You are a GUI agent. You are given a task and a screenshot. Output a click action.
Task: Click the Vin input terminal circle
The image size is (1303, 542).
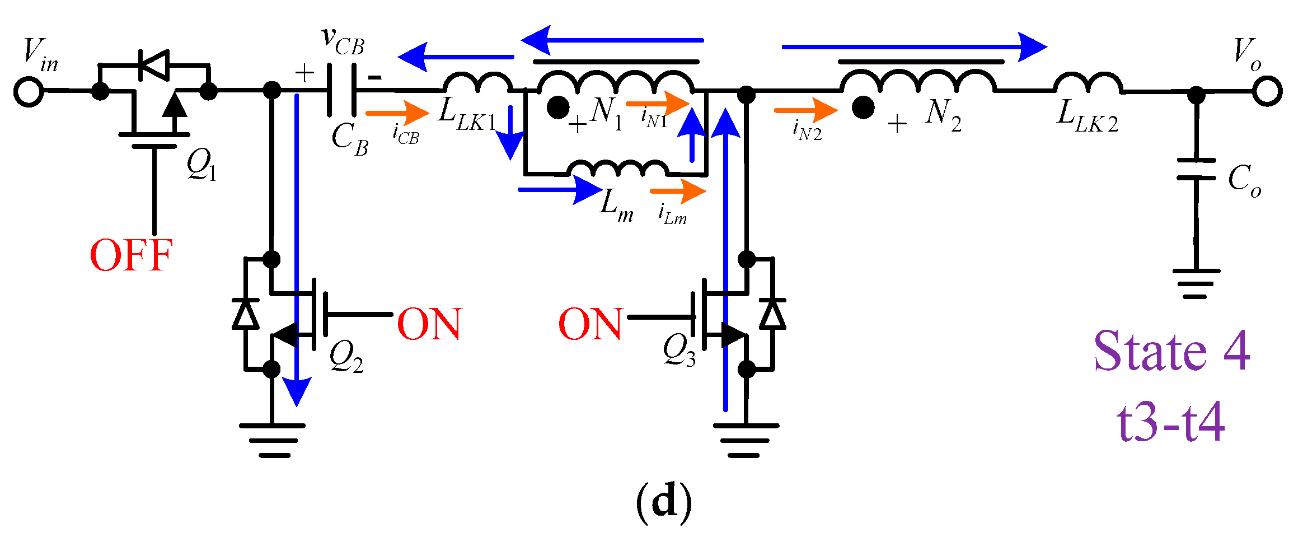click(x=29, y=91)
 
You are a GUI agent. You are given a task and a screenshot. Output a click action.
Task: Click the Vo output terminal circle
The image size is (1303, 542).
click(x=1267, y=91)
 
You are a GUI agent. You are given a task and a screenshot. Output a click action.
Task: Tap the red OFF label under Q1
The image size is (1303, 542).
click(x=131, y=256)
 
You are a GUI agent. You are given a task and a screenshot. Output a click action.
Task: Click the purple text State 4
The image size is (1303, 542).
click(x=1171, y=351)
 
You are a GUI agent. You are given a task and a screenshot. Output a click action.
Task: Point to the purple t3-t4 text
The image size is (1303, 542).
click(x=1170, y=422)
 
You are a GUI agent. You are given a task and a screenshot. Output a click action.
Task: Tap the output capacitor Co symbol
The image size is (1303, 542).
click(x=1196, y=169)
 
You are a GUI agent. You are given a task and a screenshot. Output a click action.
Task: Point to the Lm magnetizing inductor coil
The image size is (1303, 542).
click(x=618, y=168)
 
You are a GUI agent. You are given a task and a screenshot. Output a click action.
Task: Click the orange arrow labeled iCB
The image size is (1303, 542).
click(x=397, y=113)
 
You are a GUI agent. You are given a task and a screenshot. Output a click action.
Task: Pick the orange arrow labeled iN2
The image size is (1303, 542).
click(x=805, y=110)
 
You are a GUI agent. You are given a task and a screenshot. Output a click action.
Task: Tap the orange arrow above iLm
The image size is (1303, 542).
click(x=677, y=191)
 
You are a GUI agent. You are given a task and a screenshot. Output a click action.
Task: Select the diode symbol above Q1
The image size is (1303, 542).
click(x=153, y=65)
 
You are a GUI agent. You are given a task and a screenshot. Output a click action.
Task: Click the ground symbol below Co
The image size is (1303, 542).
click(x=1196, y=283)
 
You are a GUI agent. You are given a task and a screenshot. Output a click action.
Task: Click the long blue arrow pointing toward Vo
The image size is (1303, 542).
click(x=913, y=46)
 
